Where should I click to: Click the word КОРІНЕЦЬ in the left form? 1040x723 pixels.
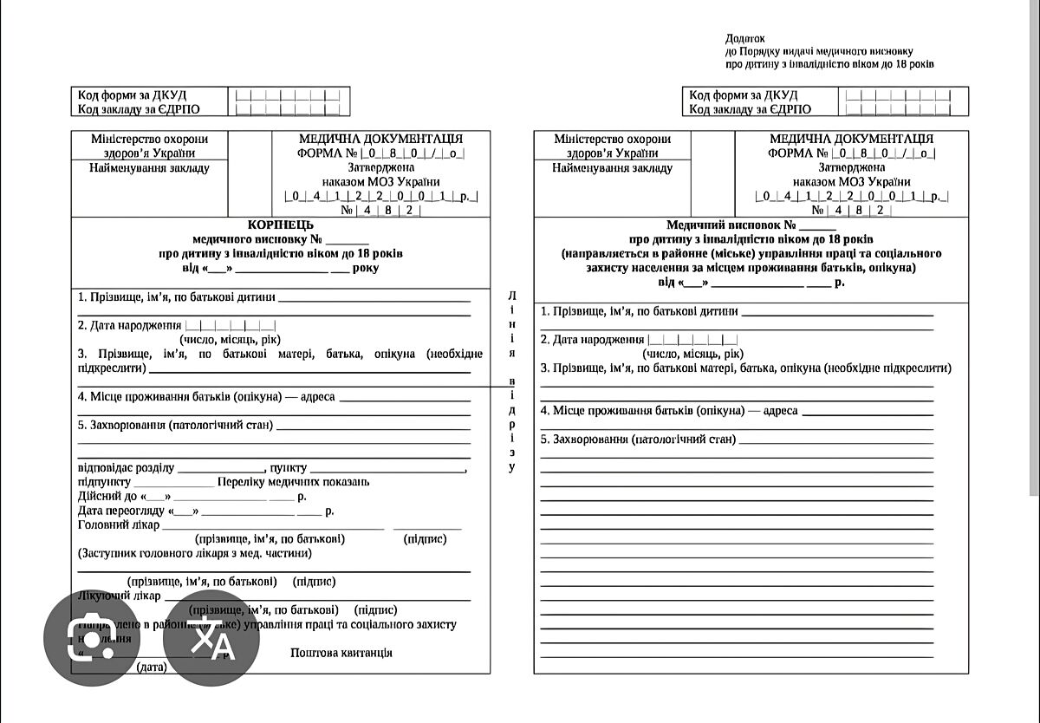(280, 225)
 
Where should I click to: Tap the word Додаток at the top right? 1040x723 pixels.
(745, 38)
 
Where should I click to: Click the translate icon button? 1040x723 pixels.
(211, 638)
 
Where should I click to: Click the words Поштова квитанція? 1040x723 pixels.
(341, 653)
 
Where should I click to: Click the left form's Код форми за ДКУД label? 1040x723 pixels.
(133, 94)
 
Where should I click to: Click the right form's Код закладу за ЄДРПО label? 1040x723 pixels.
(751, 109)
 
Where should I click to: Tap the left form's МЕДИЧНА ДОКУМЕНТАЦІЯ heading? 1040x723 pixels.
(380, 139)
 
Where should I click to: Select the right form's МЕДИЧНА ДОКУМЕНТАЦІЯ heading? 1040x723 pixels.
(851, 139)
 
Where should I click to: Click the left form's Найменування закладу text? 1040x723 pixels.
(149, 168)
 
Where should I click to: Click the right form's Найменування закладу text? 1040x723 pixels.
(612, 168)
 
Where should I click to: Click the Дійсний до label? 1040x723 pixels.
(108, 497)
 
